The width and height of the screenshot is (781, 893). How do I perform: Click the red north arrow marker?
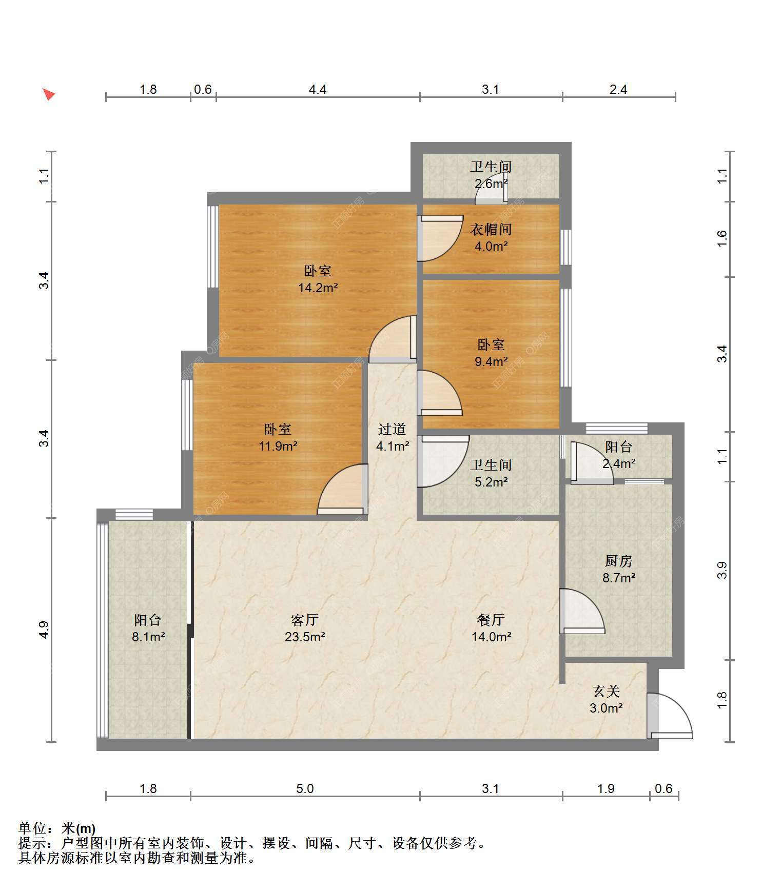[49, 94]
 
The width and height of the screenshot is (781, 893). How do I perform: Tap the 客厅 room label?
[305, 620]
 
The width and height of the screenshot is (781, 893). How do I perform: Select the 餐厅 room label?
[491, 620]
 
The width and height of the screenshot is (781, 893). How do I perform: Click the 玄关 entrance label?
[607, 691]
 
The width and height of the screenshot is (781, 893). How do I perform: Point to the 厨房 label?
[619, 561]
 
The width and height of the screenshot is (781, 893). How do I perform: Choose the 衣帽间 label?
[491, 229]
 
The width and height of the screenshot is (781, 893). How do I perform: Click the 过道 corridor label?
[392, 429]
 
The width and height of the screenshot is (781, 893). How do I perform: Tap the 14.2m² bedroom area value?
[318, 288]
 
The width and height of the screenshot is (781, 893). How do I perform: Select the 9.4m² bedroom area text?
[491, 361]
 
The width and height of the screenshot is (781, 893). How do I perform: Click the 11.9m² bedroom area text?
[278, 446]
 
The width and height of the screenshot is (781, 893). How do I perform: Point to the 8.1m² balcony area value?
[148, 637]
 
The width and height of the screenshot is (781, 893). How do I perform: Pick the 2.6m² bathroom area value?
[491, 184]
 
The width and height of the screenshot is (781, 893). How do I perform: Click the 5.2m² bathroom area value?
[491, 482]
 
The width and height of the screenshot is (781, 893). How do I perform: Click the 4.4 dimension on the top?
[318, 90]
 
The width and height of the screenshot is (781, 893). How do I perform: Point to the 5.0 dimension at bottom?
[305, 788]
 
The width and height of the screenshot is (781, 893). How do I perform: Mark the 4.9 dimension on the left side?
[44, 630]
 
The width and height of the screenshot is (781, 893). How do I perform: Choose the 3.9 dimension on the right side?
[722, 570]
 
